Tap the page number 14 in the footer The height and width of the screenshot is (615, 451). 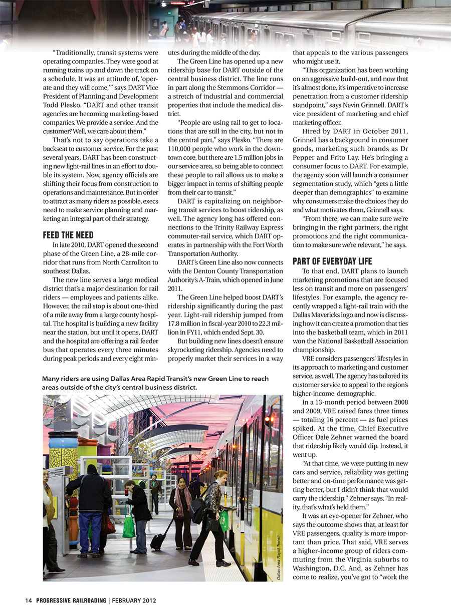tap(29, 600)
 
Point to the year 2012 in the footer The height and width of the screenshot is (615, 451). tap(148, 600)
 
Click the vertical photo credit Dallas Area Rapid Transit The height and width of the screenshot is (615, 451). tap(279, 555)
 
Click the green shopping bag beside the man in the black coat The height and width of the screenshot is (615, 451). tap(129, 525)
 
